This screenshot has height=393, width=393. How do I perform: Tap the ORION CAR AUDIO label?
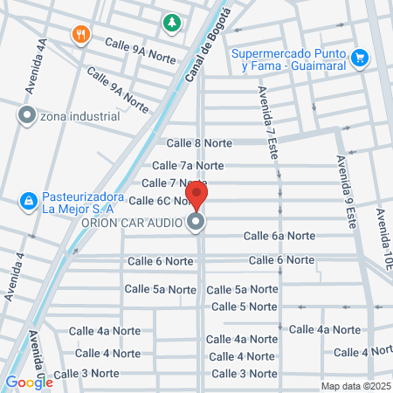[x=131, y=223]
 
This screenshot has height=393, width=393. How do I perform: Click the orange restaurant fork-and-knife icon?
[x=81, y=34]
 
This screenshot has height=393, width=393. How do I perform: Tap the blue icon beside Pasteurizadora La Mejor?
[x=29, y=202]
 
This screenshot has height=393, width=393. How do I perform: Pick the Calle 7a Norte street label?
[x=188, y=165]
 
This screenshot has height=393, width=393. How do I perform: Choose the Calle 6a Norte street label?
[x=279, y=236]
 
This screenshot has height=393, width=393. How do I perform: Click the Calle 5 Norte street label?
[x=245, y=307]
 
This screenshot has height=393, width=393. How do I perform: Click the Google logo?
[x=28, y=382]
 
